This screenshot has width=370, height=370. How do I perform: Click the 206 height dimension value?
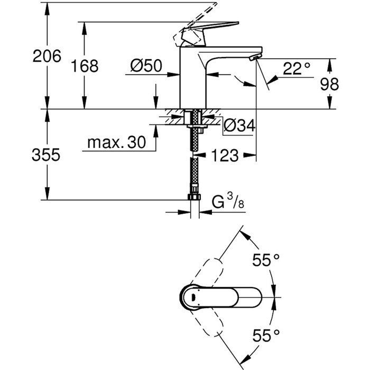[x=47, y=55]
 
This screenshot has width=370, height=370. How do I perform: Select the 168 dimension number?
[x=84, y=66]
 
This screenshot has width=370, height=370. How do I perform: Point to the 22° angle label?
[x=297, y=69]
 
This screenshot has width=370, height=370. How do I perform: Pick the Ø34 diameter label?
[x=239, y=125]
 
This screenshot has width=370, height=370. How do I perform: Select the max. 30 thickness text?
[x=117, y=142]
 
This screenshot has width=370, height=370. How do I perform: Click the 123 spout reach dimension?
[x=226, y=155]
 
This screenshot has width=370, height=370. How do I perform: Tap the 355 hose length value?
[x=47, y=155]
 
